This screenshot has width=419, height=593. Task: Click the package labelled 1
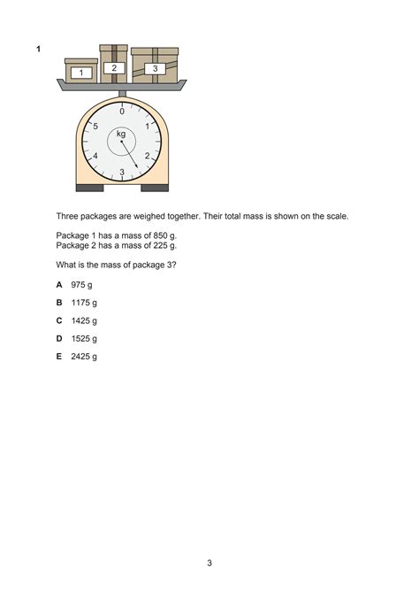tap(81, 71)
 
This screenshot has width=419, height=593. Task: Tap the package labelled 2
tap(113, 65)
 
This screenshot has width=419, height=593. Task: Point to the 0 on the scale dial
tap(122, 112)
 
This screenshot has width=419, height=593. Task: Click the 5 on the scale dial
tap(95, 127)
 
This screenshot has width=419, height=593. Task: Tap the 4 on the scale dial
tap(95, 156)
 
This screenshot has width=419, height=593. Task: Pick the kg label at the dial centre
tap(121, 134)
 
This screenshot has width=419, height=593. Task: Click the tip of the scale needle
tap(139, 169)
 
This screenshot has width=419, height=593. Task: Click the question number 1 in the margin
tap(38, 50)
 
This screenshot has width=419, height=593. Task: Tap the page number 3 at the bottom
tap(209, 563)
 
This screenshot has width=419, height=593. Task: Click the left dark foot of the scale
tap(90, 188)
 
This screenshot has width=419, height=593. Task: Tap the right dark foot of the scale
tap(155, 188)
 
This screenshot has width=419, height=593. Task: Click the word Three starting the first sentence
tap(68, 216)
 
